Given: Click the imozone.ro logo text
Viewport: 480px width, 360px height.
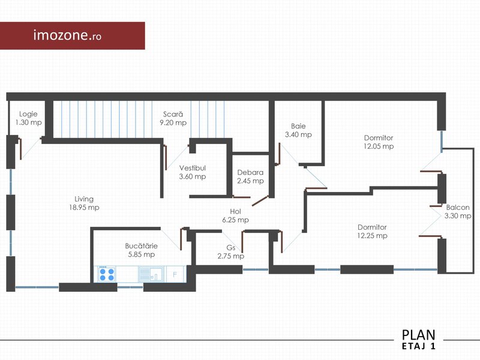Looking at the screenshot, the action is click(x=67, y=35).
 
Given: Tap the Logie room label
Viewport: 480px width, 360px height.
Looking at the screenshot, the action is click(x=28, y=118).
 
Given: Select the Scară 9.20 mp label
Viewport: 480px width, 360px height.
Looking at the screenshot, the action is click(x=173, y=118).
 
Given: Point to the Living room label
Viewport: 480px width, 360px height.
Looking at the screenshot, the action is click(x=84, y=203).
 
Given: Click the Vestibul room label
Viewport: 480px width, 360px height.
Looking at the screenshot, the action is click(x=193, y=172).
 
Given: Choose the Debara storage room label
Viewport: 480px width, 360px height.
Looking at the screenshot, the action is click(x=250, y=176).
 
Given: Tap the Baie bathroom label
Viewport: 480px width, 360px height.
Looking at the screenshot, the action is click(x=298, y=130).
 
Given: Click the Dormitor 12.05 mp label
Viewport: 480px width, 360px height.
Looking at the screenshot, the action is click(x=379, y=142).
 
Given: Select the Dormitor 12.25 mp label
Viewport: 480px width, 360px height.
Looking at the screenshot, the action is click(x=372, y=232).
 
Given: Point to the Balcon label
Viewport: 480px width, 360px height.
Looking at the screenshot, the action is click(x=458, y=212).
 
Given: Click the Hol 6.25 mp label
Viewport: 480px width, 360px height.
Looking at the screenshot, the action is click(x=235, y=215).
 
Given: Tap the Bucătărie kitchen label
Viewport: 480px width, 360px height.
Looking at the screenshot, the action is click(x=142, y=250).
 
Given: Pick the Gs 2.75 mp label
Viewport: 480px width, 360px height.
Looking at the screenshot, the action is click(x=231, y=251).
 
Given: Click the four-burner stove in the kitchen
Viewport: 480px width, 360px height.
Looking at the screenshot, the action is click(x=107, y=274).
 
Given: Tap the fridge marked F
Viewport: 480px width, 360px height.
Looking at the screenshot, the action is click(x=175, y=274).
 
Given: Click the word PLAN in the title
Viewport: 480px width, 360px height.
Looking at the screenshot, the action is click(x=418, y=335).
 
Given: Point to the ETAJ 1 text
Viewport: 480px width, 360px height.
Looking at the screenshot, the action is click(x=418, y=346).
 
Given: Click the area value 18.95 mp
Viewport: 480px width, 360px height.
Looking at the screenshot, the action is click(x=84, y=208).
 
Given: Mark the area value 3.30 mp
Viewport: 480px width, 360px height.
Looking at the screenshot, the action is click(x=458, y=216).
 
